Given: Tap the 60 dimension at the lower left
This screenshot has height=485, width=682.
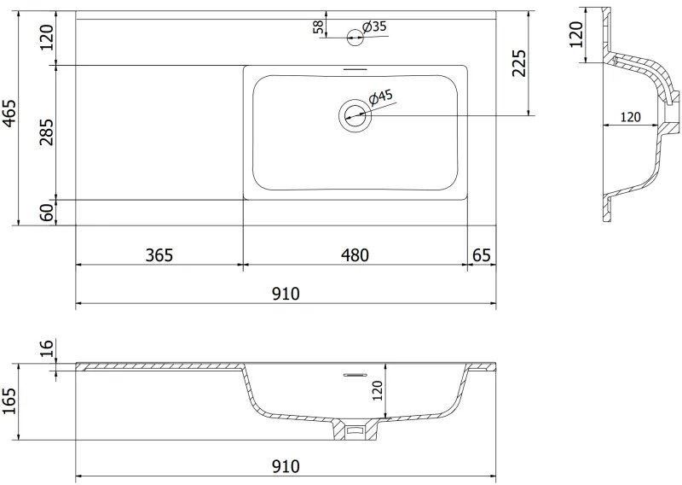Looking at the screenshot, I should pyautogui.click(x=47, y=212).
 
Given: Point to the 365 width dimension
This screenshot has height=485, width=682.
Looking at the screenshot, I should pyautogui.click(x=159, y=254).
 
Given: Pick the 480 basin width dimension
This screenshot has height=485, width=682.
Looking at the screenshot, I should pyautogui.click(x=355, y=254).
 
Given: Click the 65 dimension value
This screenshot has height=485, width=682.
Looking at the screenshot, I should pyautogui.click(x=482, y=254).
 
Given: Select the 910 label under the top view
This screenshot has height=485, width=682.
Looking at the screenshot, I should pyautogui.click(x=286, y=293).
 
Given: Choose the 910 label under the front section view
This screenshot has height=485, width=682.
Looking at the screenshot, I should pyautogui.click(x=286, y=466).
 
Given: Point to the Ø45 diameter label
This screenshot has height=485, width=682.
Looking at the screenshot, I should pyautogui.click(x=381, y=96).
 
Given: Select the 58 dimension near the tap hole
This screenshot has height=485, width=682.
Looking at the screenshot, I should pyautogui.click(x=319, y=26).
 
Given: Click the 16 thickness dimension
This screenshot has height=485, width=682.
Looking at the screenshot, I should pyautogui.click(x=47, y=348).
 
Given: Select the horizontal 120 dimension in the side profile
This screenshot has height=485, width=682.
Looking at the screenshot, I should pyautogui.click(x=630, y=118).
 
